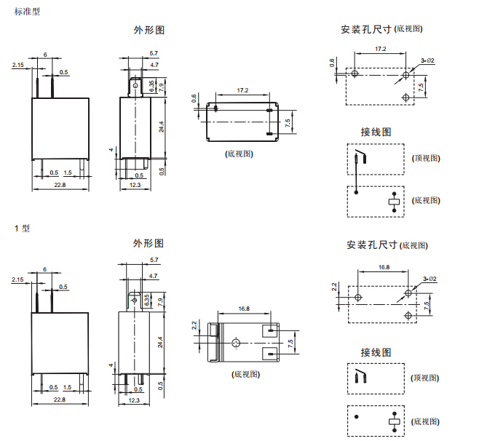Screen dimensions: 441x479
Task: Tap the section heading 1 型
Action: [x=23, y=229]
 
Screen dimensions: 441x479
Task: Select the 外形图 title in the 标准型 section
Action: [x=149, y=31]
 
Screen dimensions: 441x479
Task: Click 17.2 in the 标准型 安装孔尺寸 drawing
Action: [x=380, y=49]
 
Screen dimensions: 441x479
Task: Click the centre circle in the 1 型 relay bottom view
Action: [x=235, y=342]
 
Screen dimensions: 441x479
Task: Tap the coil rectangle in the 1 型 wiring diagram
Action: [x=395, y=421]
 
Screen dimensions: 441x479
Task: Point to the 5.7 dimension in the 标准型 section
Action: [x=154, y=54]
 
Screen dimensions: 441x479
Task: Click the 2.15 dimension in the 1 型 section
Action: [x=18, y=279]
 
